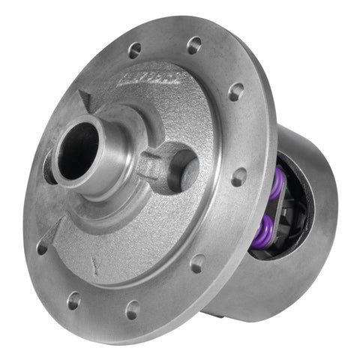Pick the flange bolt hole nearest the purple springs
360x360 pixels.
[x=239, y=177]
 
